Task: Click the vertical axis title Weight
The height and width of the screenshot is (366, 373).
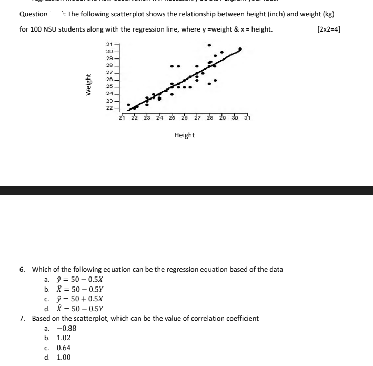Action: (89, 85)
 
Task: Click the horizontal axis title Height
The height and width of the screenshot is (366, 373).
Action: (184, 135)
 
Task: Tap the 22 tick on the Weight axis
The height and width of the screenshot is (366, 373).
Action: (109, 107)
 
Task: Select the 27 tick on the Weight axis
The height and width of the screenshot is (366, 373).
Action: (109, 72)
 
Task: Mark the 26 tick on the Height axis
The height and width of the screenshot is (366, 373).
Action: (185, 118)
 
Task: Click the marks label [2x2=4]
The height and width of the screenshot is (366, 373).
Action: (329, 29)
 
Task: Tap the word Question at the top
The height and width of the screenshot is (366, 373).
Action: (33, 14)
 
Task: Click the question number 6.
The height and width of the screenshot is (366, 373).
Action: (22, 270)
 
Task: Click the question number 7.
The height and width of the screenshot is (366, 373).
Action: (22, 319)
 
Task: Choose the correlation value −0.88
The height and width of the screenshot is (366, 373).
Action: (66, 328)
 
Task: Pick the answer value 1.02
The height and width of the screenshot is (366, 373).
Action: (64, 338)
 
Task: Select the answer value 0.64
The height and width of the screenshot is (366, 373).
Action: (64, 348)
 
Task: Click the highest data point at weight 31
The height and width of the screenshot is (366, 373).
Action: (210, 45)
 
